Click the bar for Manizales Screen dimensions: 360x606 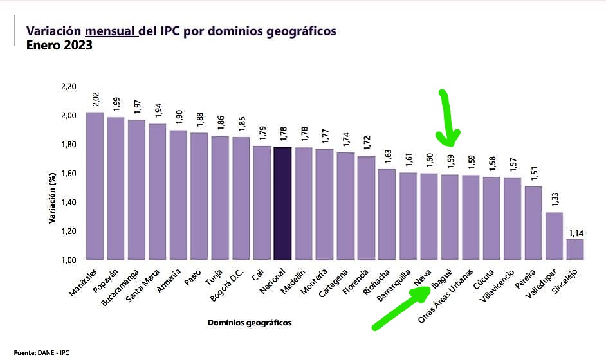click(95, 186)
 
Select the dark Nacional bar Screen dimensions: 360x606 click(283, 203)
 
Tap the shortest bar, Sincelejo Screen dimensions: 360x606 click(575, 249)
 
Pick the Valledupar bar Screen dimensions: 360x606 click(555, 236)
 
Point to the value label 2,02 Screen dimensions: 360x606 click(96, 100)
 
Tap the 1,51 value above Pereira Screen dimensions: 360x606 click(534, 174)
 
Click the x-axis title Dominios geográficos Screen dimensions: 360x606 click(250, 323)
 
